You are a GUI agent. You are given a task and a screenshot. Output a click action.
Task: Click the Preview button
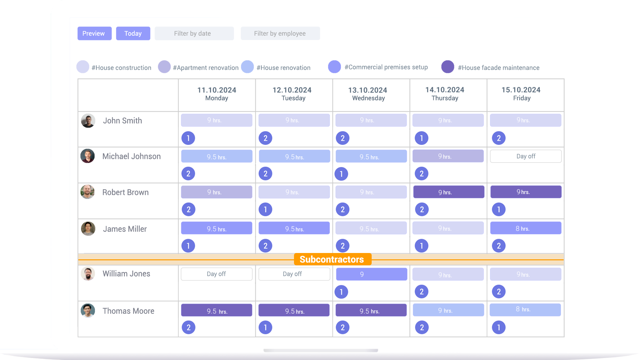[94, 33]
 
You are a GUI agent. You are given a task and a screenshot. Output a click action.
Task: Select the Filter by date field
[194, 33]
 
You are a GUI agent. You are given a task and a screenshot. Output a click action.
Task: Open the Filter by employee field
[280, 33]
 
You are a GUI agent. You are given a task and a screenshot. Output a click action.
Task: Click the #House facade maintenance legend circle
[448, 67]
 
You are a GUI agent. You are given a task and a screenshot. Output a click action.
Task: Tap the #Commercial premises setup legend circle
[334, 67]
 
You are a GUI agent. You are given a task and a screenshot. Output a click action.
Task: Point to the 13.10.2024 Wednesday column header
[368, 94]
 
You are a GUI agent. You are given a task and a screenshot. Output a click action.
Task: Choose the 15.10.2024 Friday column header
[521, 94]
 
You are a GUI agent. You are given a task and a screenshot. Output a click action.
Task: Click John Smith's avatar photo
[88, 121]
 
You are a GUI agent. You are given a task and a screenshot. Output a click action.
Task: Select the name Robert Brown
[125, 192]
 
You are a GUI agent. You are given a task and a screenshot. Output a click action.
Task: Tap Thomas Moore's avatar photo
[88, 310]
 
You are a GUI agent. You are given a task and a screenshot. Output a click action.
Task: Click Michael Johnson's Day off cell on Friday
[526, 156]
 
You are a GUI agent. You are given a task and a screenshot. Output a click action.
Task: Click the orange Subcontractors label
[333, 259]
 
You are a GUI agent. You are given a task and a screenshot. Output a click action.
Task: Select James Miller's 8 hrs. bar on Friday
[526, 228]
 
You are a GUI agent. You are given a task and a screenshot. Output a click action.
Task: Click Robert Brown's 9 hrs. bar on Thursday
[449, 192]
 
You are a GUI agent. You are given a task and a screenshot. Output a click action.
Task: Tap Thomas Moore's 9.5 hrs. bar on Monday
[217, 310]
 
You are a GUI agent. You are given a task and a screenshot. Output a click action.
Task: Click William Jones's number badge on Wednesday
[341, 292]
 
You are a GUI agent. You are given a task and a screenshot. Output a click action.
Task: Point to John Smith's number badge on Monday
[188, 138]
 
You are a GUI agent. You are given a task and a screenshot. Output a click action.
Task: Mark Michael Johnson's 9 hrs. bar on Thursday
[448, 156]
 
